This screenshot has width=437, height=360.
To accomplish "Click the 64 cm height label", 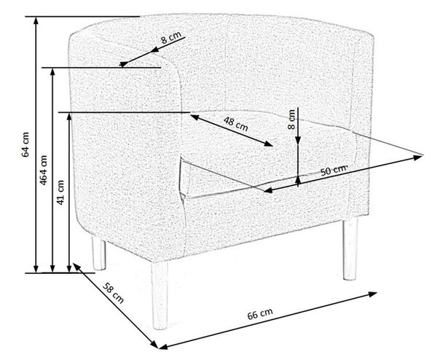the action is coord(25,144).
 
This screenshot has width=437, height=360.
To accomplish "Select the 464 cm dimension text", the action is coord(43,170).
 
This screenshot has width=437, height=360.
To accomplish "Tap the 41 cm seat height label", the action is coord(60,192).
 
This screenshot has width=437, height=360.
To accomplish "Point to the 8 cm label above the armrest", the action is coord(171,37).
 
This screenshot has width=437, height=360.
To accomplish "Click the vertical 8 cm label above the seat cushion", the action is coord(291,120).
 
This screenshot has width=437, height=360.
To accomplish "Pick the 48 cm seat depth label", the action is coord(236,124).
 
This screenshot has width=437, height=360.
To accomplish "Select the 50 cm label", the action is coord(334,170).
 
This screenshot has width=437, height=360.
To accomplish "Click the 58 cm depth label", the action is coord(113,293).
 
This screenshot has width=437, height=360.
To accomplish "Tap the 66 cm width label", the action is coord(260,314).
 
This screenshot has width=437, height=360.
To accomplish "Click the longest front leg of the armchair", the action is coord(160,296).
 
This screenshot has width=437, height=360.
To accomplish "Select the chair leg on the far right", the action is coord(350,249).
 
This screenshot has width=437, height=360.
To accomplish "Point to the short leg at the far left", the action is coord(99,254).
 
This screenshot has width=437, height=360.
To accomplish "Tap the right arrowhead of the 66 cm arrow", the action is coord(372,294).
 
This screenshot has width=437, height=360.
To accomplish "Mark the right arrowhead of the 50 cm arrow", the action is coord(418,157).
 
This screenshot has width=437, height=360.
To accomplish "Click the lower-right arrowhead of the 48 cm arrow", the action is coord(269,144).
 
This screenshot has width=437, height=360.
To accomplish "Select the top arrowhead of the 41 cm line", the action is coord(69,117).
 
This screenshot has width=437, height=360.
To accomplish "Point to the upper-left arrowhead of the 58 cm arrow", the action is coord(76,267).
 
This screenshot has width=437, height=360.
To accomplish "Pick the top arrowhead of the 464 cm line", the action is coord(52,72).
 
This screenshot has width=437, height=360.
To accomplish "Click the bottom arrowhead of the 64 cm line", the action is coord(36,268).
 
